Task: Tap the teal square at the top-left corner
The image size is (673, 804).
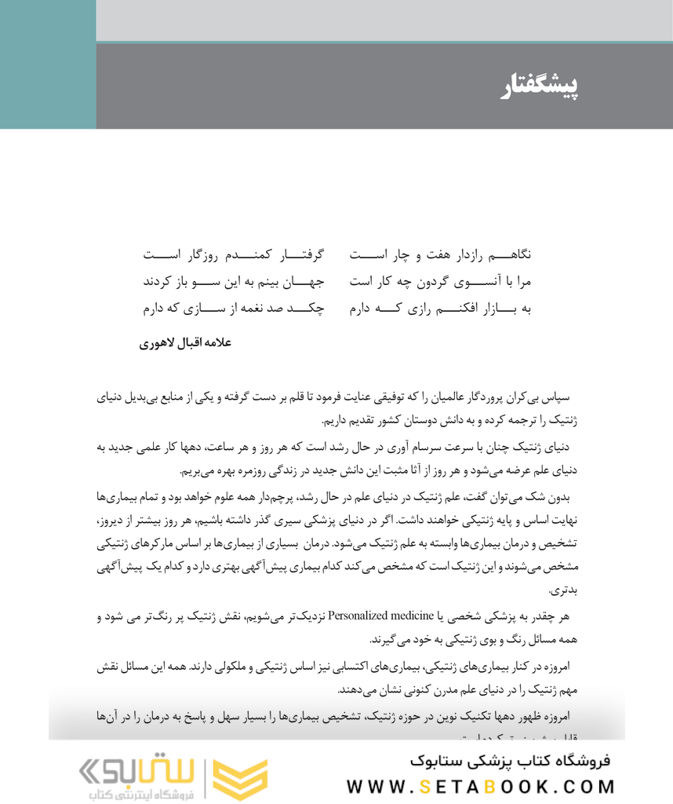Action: coord(47,64)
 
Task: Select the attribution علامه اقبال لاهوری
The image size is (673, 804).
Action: coord(186,343)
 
